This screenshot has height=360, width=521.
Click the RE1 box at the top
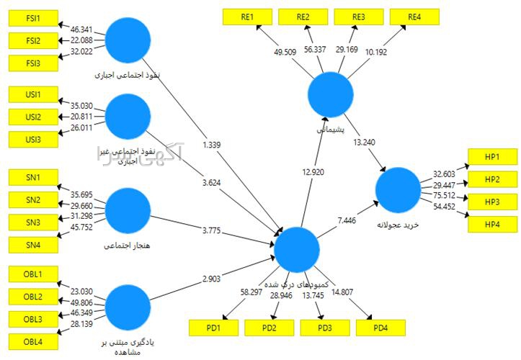246,16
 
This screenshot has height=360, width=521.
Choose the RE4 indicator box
414,16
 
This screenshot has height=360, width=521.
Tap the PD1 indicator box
213,328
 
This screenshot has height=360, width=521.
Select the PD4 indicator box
380,328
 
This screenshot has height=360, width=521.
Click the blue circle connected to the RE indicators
330,95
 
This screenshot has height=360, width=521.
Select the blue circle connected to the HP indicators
398,190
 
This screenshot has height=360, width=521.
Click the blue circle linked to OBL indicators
127,307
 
